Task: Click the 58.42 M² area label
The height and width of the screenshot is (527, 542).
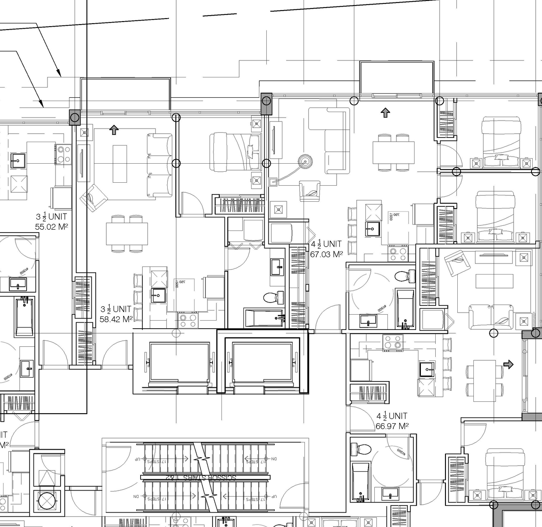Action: tap(116, 319)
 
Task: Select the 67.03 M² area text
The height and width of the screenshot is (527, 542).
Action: tap(326, 254)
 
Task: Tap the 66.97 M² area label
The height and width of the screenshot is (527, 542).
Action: tap(392, 426)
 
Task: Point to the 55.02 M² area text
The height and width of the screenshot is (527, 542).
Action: tap(52, 226)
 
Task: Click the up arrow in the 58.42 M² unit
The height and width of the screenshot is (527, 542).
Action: tap(113, 130)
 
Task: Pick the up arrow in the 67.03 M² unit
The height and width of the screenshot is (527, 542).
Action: tap(385, 113)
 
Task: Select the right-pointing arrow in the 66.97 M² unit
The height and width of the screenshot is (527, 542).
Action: tap(509, 364)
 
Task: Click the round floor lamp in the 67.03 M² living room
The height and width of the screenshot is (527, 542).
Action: tap(304, 161)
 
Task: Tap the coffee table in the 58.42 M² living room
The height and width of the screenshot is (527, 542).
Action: tap(119, 164)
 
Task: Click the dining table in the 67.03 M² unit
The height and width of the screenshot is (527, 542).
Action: tap(393, 152)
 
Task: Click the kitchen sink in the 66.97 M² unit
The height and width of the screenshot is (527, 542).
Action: tap(427, 369)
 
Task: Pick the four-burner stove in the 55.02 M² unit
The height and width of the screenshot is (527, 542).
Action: tap(64, 154)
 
